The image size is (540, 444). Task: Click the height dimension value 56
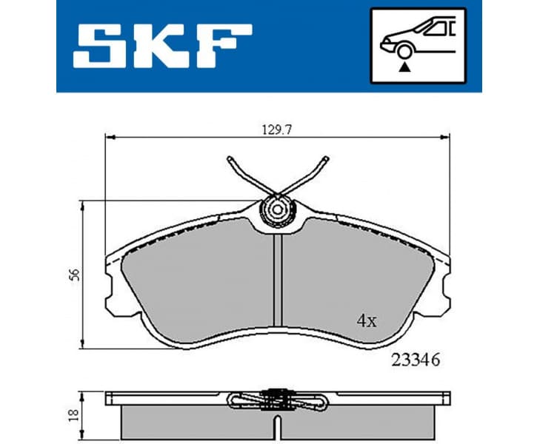coord(73,274)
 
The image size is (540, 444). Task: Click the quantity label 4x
coord(367,321)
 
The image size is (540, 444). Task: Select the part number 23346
coord(415,361)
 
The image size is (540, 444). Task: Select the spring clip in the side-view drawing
coord(278,400)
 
